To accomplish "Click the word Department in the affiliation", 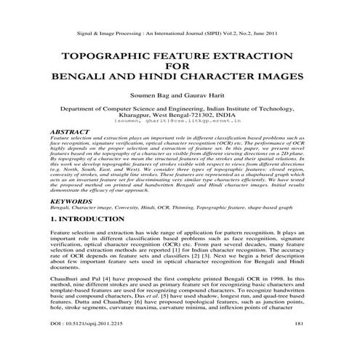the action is tap(78, 107).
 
